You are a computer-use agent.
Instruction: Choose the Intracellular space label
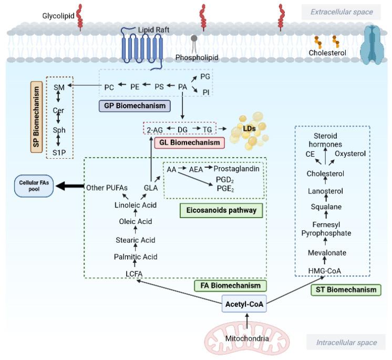pyautogui.click(x=346, y=343)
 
